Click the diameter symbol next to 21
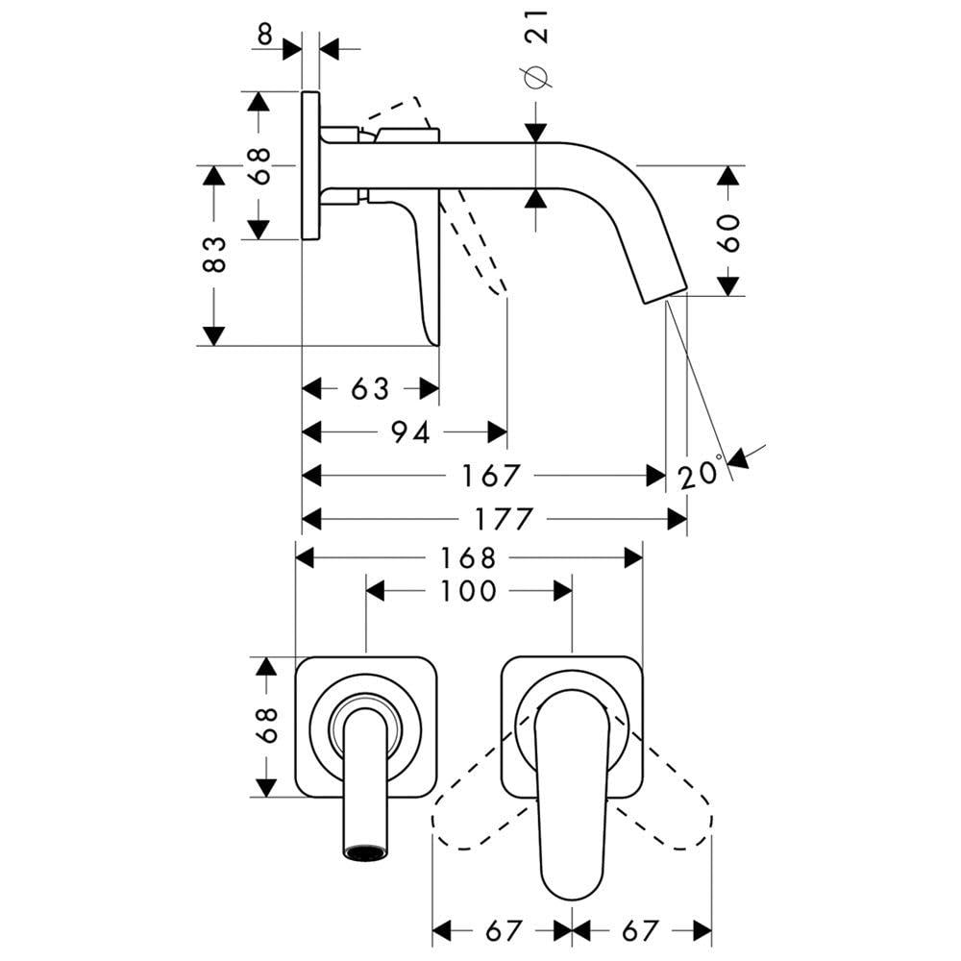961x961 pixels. coord(537,78)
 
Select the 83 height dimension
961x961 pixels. coord(216,255)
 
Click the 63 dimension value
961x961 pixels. coord(370,388)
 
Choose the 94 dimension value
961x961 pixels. coord(409,432)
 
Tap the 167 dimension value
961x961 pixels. coord(491,475)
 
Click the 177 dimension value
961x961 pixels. coord(502,520)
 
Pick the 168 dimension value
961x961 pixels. coord(469,557)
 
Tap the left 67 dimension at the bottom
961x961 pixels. coord(502,930)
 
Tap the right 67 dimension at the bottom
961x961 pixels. coord(640,930)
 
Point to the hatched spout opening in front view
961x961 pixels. coord(365,851)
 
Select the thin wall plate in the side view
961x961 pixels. coord(310,165)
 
